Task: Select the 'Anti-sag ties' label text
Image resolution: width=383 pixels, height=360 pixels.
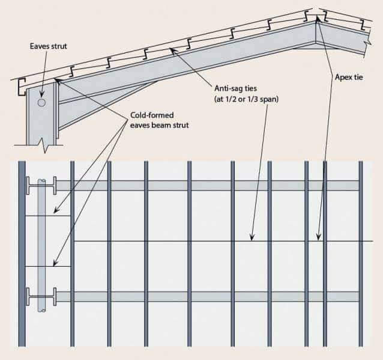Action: click(234, 88)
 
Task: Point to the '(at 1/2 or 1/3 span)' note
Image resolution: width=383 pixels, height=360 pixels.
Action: click(243, 98)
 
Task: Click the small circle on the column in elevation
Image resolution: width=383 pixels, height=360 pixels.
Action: click(41, 103)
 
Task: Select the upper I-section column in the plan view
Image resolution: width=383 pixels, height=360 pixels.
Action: click(41, 184)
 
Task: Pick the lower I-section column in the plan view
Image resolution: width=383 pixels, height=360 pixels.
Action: click(41, 296)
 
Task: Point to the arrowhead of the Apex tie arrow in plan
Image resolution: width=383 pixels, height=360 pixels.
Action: click(318, 239)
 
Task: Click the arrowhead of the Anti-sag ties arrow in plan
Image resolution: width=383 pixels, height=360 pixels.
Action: click(253, 239)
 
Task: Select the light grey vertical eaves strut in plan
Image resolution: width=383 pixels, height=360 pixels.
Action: click(41, 240)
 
